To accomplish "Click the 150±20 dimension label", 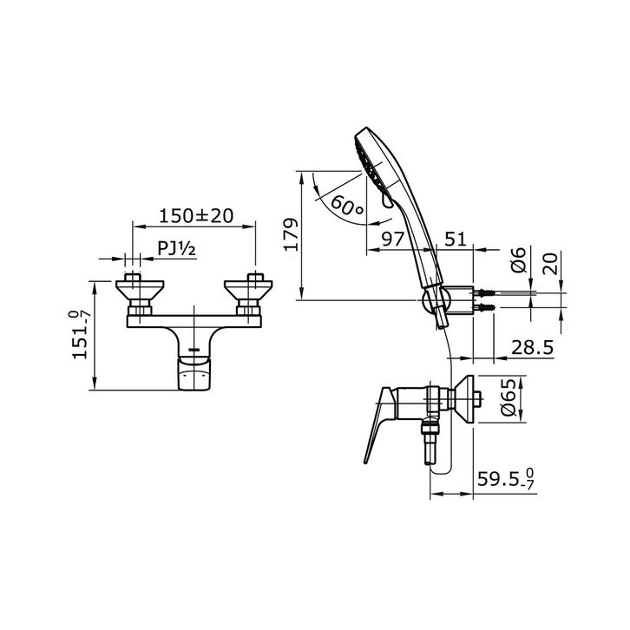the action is click(x=196, y=216).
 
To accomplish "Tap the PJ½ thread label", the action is click(x=176, y=248).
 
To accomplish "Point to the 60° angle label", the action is click(x=347, y=207).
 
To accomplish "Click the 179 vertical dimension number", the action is click(x=292, y=234).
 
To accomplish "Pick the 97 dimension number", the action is click(x=392, y=239).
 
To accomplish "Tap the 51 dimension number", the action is click(x=456, y=239).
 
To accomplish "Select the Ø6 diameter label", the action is click(x=518, y=260).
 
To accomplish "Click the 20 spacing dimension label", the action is click(x=550, y=263).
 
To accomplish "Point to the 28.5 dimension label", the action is click(x=532, y=348).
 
